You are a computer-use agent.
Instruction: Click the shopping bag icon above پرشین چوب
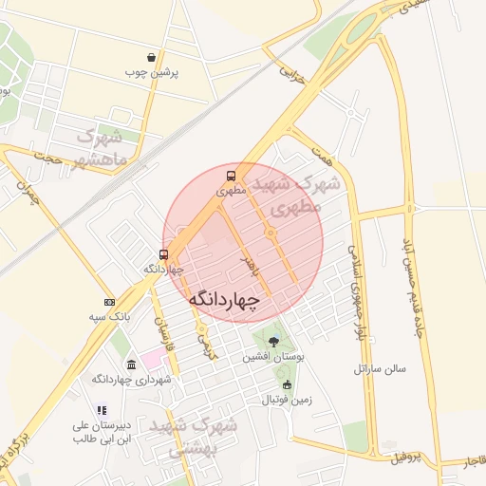(x=152, y=58)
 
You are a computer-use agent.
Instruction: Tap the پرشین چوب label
(x=151, y=72)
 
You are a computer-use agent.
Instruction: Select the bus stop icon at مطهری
(x=231, y=177)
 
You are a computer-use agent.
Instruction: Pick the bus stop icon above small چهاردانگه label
(x=163, y=254)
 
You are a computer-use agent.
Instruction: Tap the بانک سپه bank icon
(x=110, y=301)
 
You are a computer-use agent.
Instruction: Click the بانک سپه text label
(x=109, y=315)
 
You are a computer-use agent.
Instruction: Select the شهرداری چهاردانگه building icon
(x=131, y=364)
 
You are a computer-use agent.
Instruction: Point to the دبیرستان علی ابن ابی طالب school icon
(x=102, y=411)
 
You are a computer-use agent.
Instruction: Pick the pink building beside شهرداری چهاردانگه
(x=153, y=361)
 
